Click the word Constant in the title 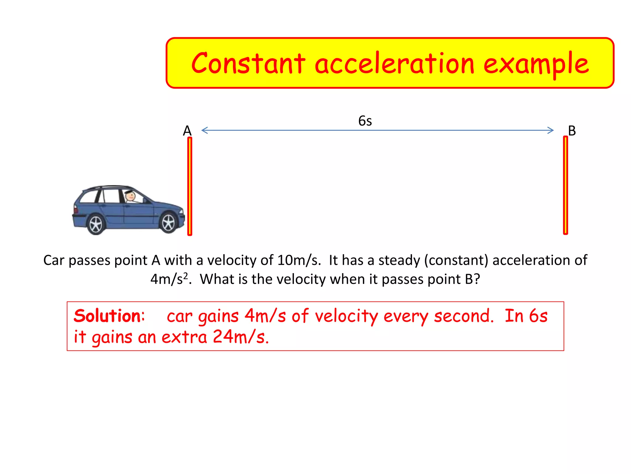248,64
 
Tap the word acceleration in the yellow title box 394,64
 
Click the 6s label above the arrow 365,121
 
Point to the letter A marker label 187,131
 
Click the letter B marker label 572,131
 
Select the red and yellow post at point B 565,185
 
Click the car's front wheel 169,223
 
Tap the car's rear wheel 96,225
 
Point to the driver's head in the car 131,196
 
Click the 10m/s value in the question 299,260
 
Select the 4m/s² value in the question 169,279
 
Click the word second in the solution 463,316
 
